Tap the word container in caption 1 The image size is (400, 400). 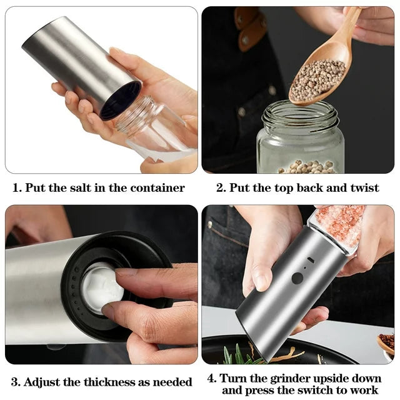(x=157, y=188)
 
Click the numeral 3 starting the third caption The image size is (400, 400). (x=14, y=382)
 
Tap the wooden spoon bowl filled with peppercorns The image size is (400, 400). (x=318, y=80)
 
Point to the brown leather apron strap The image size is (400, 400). (x=251, y=29)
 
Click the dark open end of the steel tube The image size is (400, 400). (x=120, y=101)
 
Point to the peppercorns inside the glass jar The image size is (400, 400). (x=306, y=167)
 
